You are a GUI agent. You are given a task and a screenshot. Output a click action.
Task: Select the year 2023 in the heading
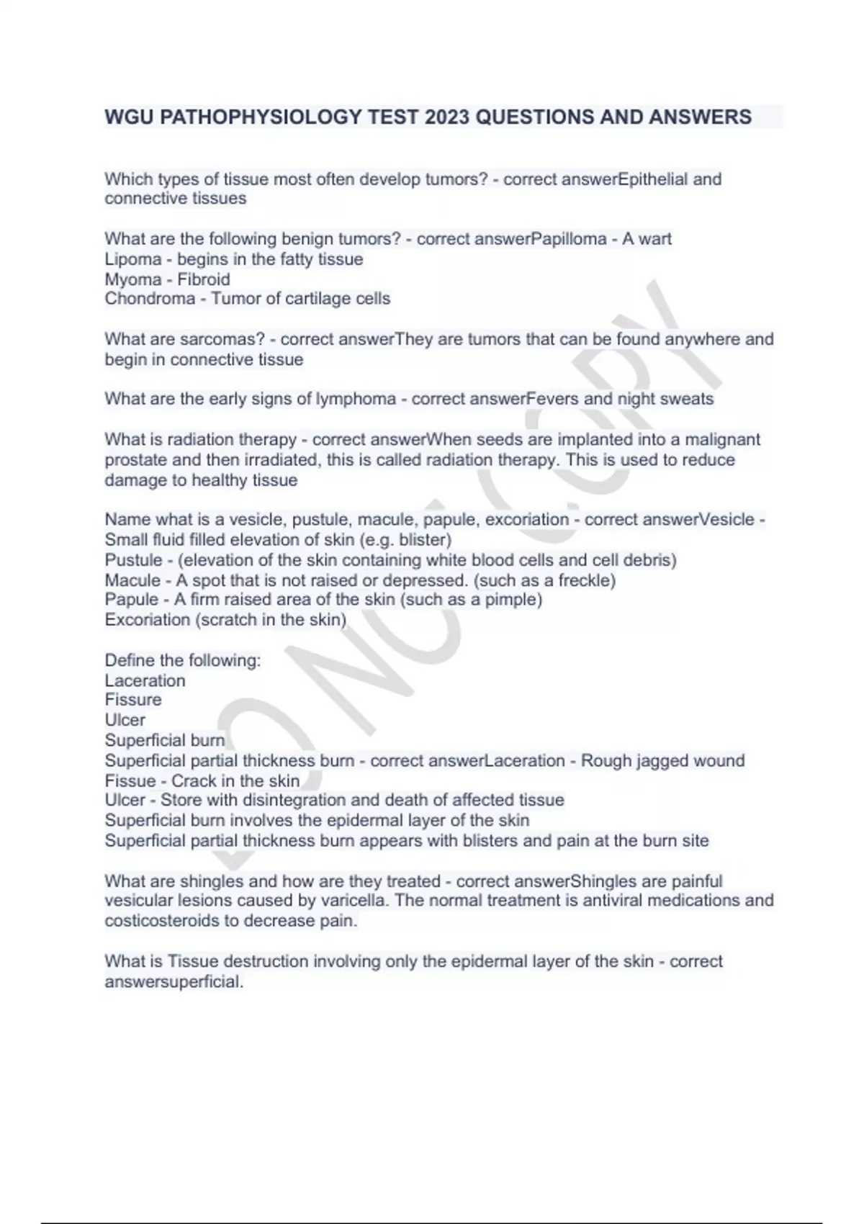(x=447, y=117)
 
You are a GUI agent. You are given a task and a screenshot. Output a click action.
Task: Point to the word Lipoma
(x=132, y=259)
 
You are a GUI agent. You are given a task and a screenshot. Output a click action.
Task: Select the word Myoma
(x=132, y=279)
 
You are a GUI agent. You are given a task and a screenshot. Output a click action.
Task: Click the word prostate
(x=132, y=460)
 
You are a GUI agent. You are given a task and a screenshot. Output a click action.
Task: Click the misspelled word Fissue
(x=130, y=781)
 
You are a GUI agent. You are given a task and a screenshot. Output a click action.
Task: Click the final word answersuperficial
(x=174, y=981)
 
